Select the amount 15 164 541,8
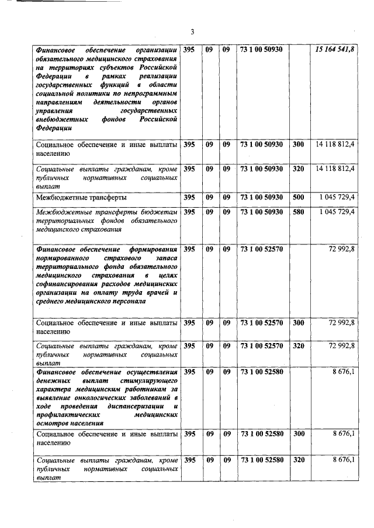(x=335, y=50)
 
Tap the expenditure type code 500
(x=298, y=198)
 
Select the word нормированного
(x=63, y=257)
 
